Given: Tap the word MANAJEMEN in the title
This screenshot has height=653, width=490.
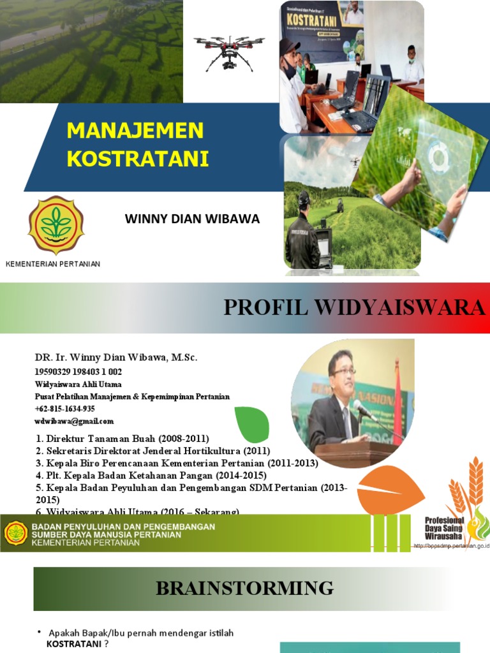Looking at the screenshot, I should tap(135, 130).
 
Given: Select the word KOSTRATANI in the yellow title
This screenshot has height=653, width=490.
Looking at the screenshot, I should tap(138, 159).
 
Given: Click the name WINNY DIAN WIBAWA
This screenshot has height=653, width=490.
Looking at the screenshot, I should tap(193, 219).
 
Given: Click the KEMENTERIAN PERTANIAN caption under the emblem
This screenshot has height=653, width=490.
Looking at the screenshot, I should tap(53, 264).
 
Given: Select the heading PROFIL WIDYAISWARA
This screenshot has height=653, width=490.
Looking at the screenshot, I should tap(354, 308).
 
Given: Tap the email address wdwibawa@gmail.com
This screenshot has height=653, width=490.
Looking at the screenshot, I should tap(74, 422).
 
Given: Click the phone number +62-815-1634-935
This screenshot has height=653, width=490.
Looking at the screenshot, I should tap(64, 409).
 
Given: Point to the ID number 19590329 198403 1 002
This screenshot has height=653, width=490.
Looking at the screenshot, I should tap(78, 372).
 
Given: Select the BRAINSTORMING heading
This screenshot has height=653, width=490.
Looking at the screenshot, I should tap(245, 588).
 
